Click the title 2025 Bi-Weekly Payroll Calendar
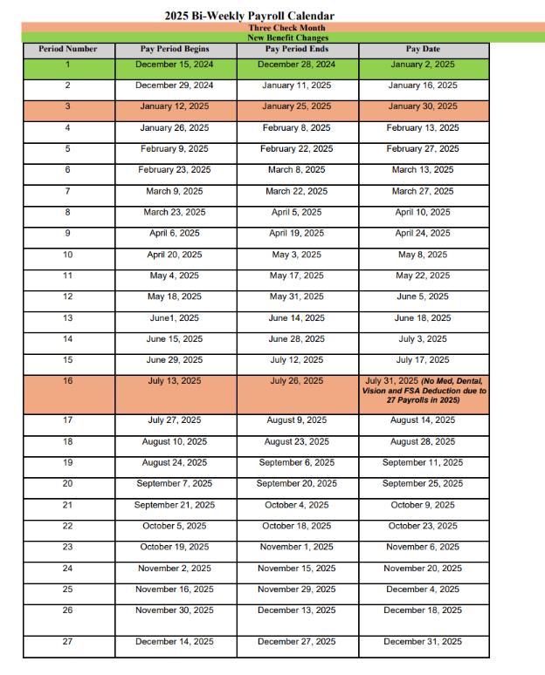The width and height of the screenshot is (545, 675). pos(249,16)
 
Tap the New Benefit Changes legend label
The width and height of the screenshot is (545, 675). pos(275,38)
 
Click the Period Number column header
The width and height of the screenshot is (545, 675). pos(68,50)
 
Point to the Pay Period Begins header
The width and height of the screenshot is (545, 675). pos(175,50)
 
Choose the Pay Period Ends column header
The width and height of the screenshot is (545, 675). pos(297,50)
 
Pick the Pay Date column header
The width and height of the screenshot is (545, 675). pos(423,50)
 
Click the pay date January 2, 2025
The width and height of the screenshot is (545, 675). pos(423,65)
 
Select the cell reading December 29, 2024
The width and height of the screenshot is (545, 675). pos(175,85)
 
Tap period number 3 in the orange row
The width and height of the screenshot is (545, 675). pos(68,106)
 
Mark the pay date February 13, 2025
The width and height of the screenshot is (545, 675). pos(423,128)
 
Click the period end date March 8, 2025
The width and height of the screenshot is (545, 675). pos(297,170)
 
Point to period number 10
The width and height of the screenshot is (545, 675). pos(68,255)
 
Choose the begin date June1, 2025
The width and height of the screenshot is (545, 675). pos(175,318)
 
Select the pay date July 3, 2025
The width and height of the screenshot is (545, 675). pos(423,339)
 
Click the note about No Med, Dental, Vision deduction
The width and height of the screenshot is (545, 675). pos(424,390)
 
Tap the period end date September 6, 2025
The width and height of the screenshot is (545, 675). pos(297,463)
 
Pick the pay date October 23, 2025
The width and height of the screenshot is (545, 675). pos(423,526)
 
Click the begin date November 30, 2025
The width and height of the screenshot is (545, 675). pos(175,610)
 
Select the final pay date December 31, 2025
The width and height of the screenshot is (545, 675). pos(423,642)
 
